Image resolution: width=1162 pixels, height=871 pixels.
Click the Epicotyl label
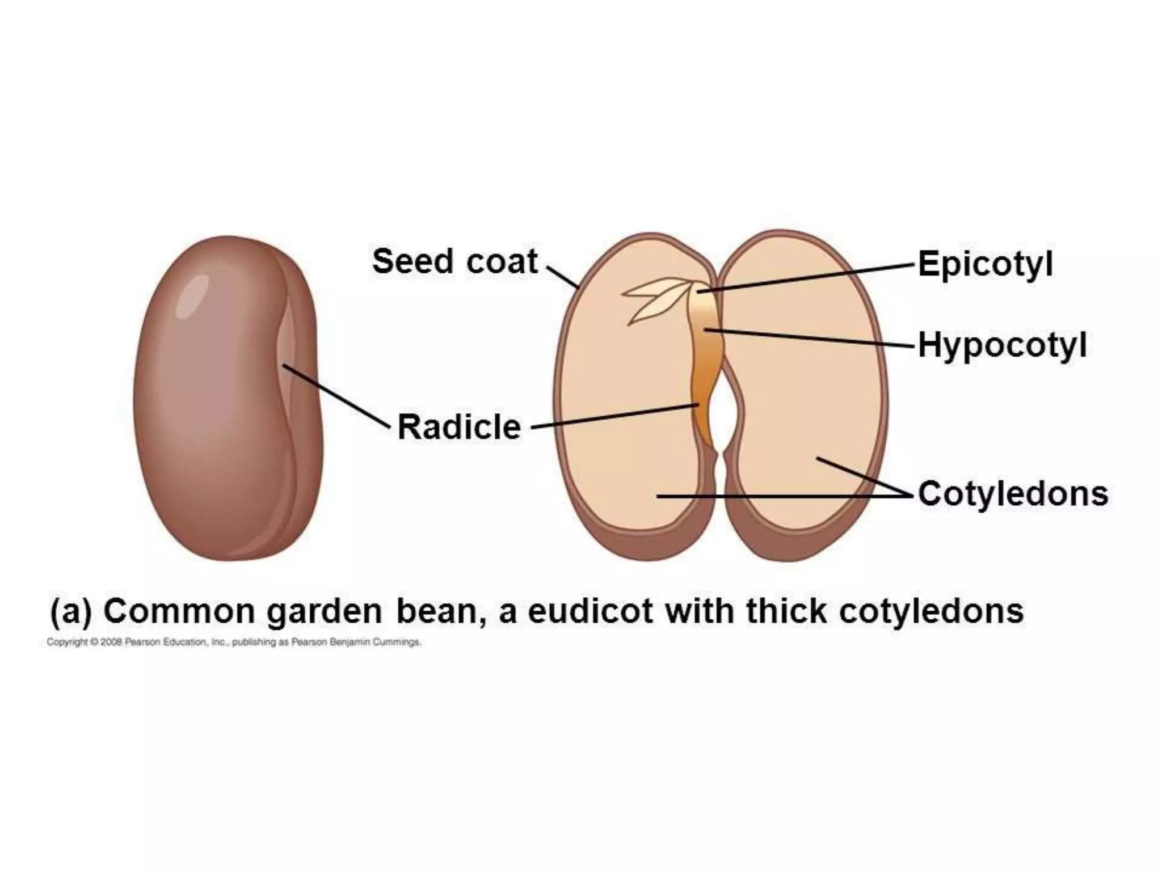985,265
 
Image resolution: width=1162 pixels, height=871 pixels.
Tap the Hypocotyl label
1002,345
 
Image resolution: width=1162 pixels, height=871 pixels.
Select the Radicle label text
458,427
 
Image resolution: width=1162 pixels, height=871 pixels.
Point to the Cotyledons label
1013,494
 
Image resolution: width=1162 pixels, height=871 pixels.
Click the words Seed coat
454,261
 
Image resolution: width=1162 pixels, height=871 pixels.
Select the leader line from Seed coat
562,277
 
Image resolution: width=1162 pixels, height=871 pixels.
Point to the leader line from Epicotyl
806,278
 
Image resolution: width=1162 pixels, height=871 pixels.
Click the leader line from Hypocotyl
811,338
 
